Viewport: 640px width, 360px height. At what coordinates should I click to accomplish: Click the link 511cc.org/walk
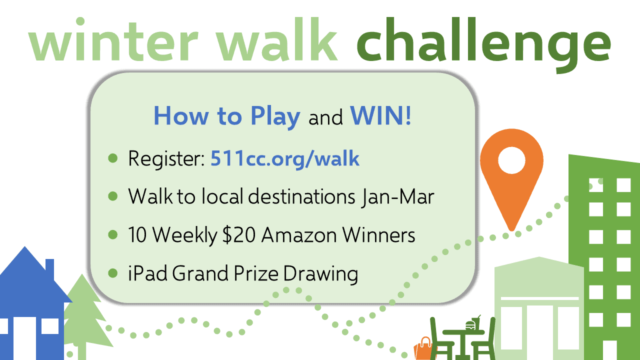[285, 159]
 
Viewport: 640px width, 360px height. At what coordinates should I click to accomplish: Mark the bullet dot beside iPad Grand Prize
[113, 273]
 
